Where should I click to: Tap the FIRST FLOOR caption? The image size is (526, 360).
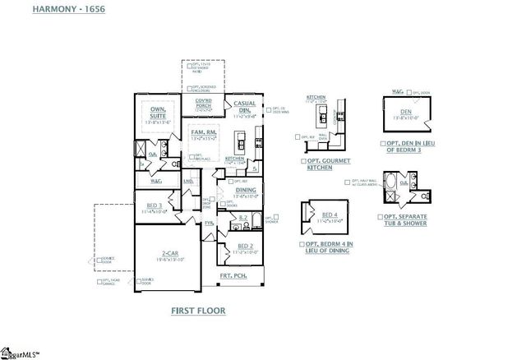click(198, 312)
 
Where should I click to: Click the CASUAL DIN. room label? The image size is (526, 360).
click(244, 108)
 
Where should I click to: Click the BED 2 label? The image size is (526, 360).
click(244, 246)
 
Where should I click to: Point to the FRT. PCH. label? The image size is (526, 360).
click(231, 276)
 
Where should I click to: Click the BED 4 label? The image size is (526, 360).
click(326, 214)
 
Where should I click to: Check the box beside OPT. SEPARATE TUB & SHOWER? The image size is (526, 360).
click(379, 219)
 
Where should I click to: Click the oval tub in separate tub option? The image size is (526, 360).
click(396, 182)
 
